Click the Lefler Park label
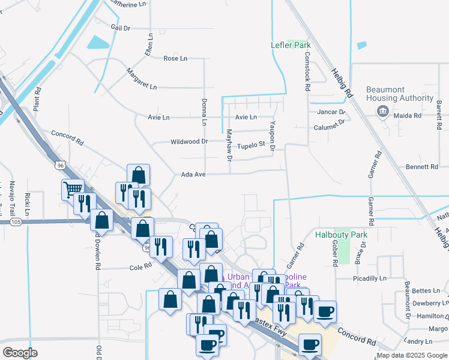[288, 45]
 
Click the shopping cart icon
[72, 190]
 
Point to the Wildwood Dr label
[189, 142]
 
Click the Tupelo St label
[251, 145]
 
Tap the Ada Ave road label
[193, 175]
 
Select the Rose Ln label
[175, 58]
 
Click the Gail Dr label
[120, 28]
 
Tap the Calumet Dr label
[330, 125]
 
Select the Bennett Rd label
[422, 167]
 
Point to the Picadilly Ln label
[369, 278]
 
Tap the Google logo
[20, 353]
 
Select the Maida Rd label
[408, 115]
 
